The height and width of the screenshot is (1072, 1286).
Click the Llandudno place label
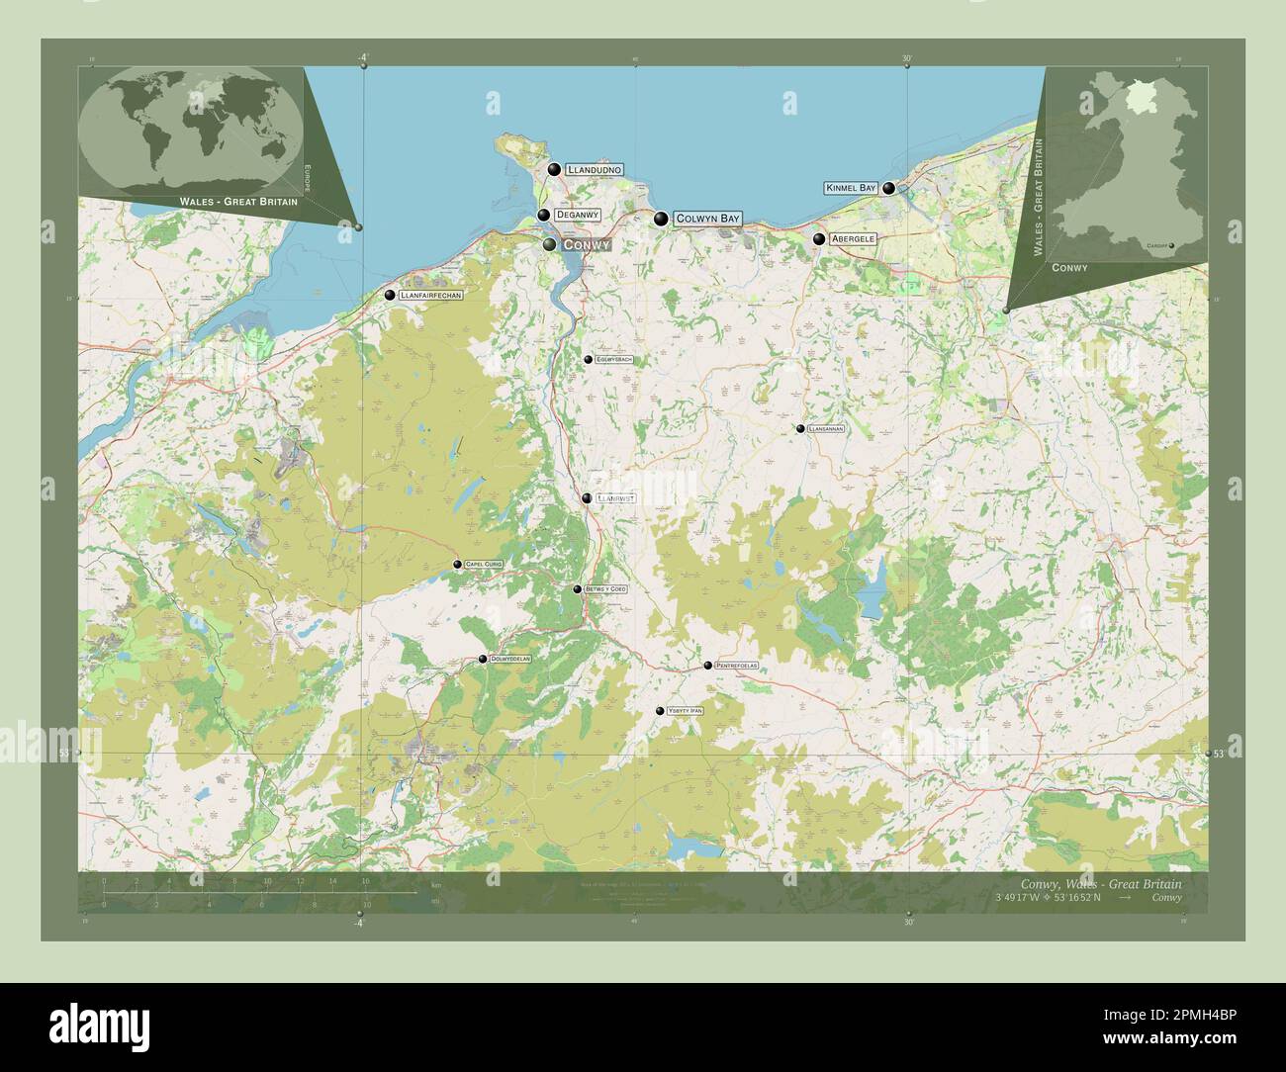click(594, 170)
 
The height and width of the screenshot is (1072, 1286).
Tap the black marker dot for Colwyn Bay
click(660, 219)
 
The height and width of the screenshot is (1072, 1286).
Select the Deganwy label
click(577, 215)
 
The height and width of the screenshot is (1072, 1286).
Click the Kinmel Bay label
click(851, 188)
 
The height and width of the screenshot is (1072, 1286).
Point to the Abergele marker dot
click(819, 238)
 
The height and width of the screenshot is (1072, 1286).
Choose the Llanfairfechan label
click(430, 295)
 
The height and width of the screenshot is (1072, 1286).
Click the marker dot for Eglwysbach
click(588, 360)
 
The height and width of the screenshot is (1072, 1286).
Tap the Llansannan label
click(826, 429)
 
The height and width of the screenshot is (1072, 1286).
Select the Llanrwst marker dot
click(587, 498)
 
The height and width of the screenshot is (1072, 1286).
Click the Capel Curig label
click(484, 564)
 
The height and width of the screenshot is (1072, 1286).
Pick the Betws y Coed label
click(606, 589)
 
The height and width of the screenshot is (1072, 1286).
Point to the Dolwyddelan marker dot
click(483, 659)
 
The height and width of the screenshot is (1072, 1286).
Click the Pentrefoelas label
click(736, 666)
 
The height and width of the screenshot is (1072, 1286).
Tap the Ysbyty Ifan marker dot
click(660, 711)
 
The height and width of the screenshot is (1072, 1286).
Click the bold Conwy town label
click(586, 244)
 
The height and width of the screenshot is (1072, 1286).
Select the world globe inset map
click(191, 131)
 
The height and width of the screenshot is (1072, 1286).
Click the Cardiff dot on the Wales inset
click(1171, 245)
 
